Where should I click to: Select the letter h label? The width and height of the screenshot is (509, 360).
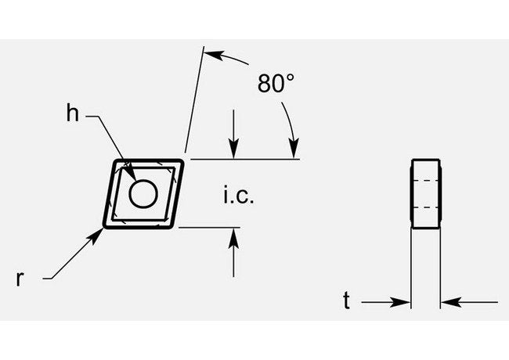pos(73,114)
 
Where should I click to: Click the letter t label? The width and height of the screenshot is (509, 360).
pos(345,301)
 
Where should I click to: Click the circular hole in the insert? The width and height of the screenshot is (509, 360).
pos(143,193)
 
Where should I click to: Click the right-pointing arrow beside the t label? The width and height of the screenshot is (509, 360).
pos(402,301)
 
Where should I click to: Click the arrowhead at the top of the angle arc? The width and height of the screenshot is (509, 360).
pos(212,54)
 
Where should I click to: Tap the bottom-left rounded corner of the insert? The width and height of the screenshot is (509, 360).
pos(108,225)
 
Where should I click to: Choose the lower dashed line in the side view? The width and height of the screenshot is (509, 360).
pos(425,207)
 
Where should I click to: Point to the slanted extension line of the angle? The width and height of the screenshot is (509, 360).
pos(194,102)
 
